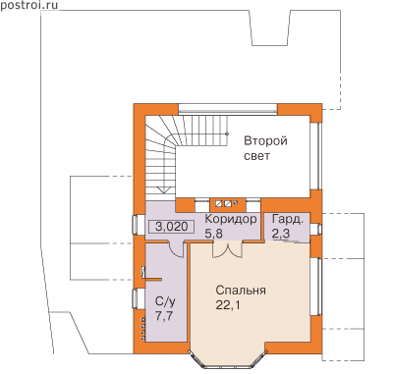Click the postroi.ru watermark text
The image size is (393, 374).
pos(28,5)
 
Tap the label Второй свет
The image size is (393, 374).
pos(265,148)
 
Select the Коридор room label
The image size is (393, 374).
pos(231,219)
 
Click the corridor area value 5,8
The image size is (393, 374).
pos(213,234)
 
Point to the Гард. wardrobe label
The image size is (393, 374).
pos(287,219)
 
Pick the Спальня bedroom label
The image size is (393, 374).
pos(241,291)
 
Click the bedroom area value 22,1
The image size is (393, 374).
pos(228,305)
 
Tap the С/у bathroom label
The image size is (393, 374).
pos(165,302)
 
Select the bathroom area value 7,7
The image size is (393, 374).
pos(164,317)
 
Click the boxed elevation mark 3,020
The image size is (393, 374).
pos(171,227)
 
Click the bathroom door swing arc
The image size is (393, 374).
pos(176,250)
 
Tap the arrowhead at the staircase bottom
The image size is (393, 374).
pos(163,189)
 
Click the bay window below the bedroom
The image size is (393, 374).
pos(228,359)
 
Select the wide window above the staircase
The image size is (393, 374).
pos(228,110)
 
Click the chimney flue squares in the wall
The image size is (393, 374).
pos(226,204)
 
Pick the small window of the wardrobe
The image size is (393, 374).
pos(315,229)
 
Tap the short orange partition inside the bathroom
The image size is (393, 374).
pos(152,279)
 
